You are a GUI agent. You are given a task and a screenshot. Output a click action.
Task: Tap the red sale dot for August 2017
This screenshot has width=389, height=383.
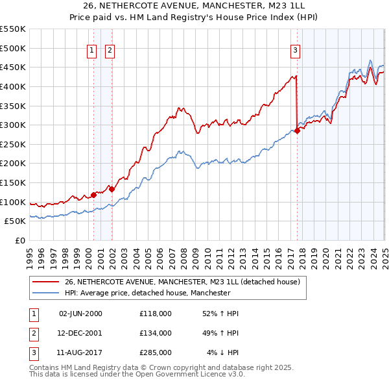298,130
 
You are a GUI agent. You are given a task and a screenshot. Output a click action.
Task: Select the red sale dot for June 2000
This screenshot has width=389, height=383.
93,194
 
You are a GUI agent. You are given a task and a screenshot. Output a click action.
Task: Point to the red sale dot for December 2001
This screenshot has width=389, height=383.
112,189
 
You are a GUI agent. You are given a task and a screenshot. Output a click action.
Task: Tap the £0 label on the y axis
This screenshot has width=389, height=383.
20,240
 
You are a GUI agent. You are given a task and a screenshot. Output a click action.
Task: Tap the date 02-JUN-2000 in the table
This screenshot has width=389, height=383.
80,314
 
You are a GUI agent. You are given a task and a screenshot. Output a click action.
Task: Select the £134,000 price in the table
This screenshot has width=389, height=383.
156,333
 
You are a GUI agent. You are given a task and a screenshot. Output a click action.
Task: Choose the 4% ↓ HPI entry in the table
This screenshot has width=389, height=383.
223,352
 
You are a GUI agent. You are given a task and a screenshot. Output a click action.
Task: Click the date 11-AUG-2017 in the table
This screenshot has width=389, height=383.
80,352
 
